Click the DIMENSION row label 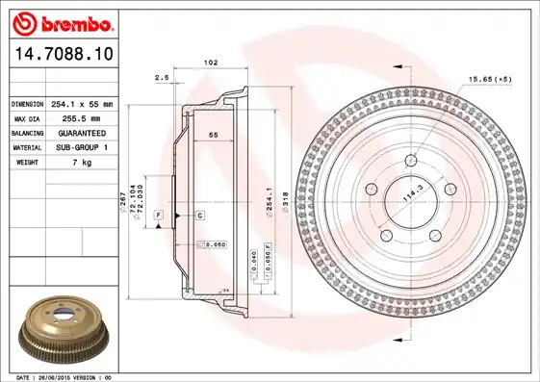coord(27,104)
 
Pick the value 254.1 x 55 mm coord(83,104)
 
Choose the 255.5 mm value coord(83,118)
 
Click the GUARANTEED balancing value coord(83,133)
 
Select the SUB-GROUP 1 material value coord(83,147)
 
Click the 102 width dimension coord(210,63)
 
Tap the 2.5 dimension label coord(161,76)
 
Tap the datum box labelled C coord(199,215)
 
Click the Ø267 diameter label coord(121,201)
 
